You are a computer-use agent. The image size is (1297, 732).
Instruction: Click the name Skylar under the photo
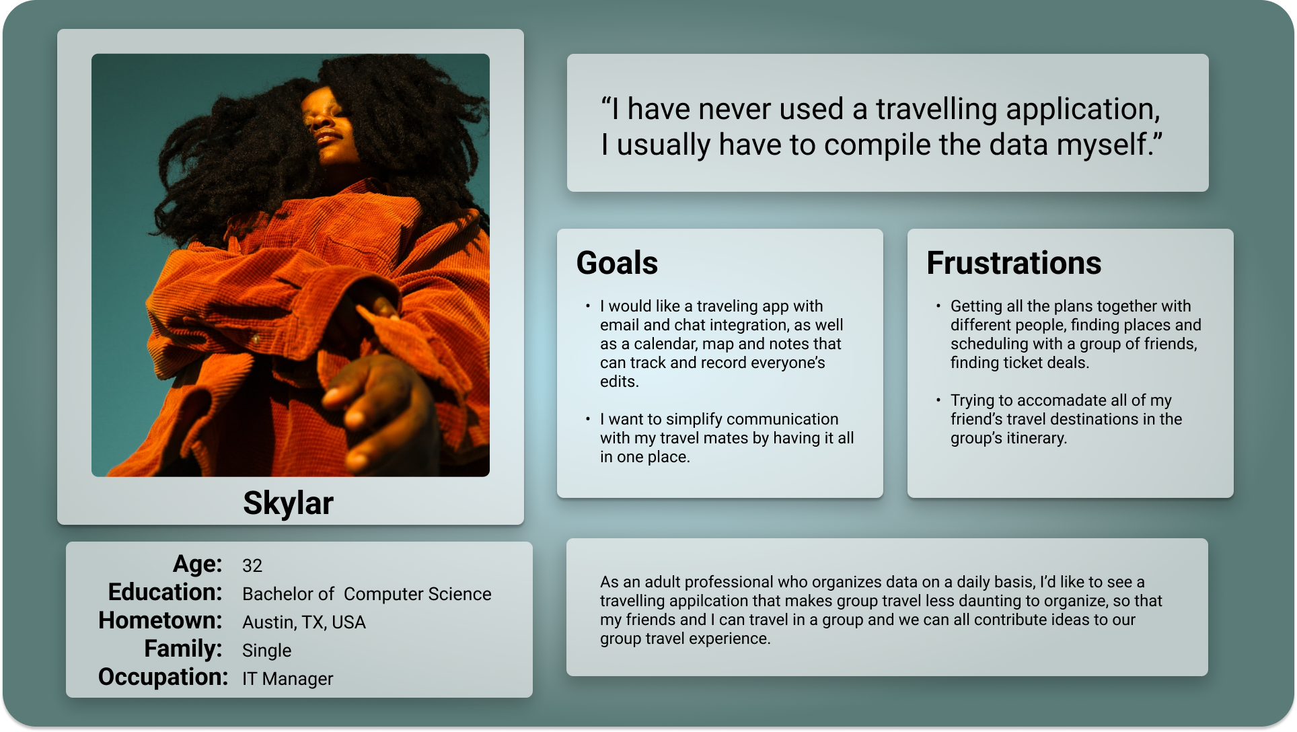coord(288,504)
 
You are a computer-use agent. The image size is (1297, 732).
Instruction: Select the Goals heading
coord(617,262)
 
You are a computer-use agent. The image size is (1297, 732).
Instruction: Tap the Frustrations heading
coord(1014,262)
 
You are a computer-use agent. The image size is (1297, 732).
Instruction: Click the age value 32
coord(252,566)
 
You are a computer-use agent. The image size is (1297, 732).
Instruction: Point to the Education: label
coord(165,592)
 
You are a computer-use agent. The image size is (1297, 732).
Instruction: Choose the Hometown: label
coord(160,620)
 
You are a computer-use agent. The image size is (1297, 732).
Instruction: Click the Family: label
coord(183,649)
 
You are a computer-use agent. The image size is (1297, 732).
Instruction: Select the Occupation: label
coord(163,677)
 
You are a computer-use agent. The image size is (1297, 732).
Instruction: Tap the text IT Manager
coord(287,679)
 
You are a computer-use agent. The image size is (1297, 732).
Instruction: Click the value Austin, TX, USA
coord(304,622)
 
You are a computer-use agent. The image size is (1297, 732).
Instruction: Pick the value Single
coord(267,651)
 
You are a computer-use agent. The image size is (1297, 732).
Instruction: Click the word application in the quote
coord(1084,110)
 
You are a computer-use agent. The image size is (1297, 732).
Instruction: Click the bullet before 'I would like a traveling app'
coord(588,306)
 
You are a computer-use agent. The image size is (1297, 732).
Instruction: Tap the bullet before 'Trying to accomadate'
coord(938,400)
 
